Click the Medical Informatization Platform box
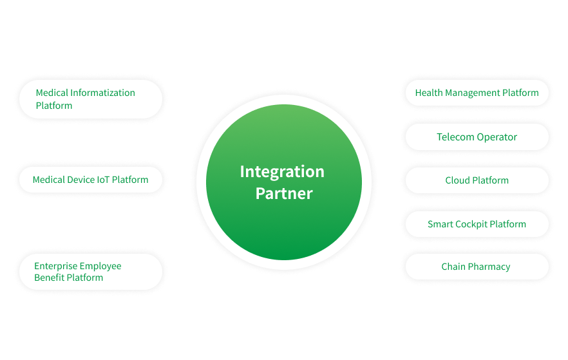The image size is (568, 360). click(90, 99)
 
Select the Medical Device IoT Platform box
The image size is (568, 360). click(90, 180)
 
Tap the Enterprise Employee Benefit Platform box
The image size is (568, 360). click(90, 272)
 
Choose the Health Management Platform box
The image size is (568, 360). click(477, 93)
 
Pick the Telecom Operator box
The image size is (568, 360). click(477, 137)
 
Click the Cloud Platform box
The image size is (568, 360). click(477, 180)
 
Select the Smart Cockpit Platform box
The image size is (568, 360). click(477, 224)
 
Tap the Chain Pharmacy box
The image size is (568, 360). click(477, 267)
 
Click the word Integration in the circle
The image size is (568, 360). click(282, 172)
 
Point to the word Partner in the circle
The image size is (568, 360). click(284, 193)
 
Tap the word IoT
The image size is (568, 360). click(104, 180)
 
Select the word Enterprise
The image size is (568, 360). click(56, 266)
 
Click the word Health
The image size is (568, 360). click(429, 93)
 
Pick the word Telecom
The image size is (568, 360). click(455, 137)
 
